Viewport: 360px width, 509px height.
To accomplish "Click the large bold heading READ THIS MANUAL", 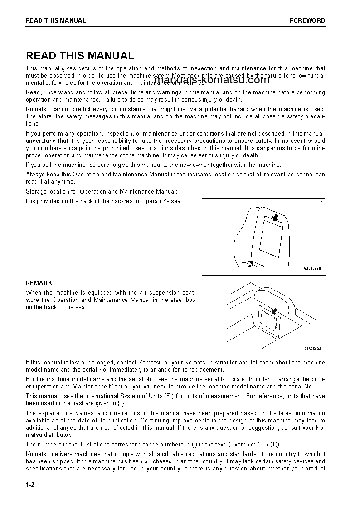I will (x=80, y=56).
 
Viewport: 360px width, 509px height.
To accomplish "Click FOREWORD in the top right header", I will (x=307, y=20).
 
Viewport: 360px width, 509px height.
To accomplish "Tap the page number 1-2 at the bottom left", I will (x=30, y=485).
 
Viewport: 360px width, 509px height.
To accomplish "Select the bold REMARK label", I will (x=39, y=283).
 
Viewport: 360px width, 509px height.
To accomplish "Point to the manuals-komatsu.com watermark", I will (x=205, y=80).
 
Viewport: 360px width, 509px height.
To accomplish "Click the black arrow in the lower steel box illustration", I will (x=274, y=311).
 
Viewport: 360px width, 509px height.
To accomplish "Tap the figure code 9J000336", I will (x=312, y=268).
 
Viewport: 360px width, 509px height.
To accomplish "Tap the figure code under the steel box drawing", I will (x=312, y=349).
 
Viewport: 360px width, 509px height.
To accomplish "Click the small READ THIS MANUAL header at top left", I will (x=56, y=20).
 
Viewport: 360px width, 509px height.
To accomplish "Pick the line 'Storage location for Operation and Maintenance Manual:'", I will (x=102, y=192).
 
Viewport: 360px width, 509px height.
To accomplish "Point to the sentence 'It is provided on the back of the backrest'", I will (x=105, y=201).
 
